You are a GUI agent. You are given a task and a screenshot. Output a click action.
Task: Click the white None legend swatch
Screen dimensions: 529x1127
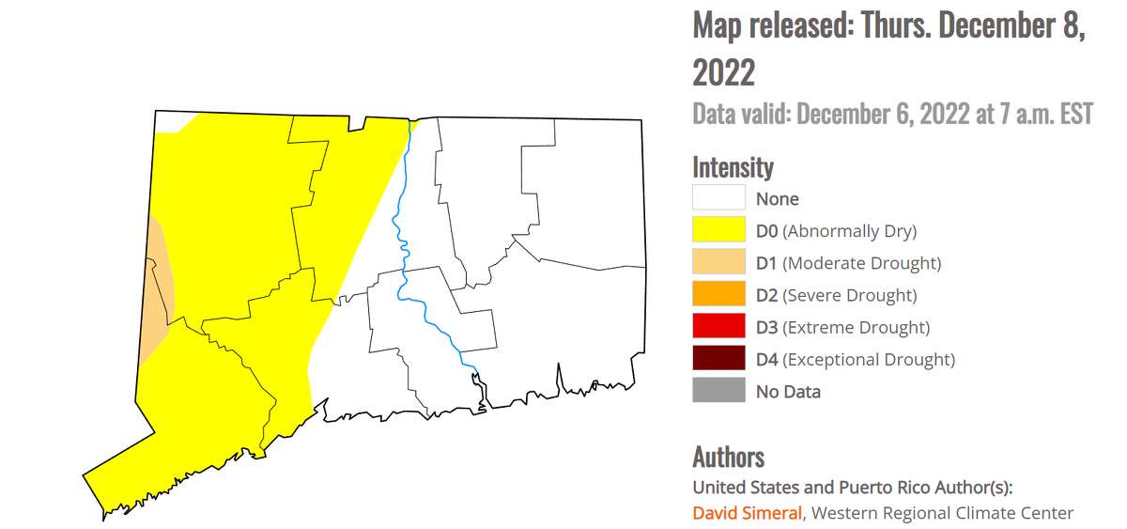pos(718,198)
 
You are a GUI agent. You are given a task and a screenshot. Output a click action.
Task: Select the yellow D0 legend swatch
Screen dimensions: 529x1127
pos(718,230)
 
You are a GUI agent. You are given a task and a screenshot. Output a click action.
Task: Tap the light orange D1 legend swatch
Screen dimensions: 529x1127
pos(718,263)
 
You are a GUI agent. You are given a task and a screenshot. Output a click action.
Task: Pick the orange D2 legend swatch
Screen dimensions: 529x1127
pos(718,295)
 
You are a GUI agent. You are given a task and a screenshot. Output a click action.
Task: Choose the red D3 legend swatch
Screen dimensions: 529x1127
pos(718,327)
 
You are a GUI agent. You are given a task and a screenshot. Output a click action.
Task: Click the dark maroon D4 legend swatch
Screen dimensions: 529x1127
pos(718,359)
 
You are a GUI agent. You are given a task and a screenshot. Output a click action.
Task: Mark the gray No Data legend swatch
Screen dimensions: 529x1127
pos(718,391)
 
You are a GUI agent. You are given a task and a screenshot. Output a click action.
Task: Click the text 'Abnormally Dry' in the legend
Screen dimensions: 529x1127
pos(849,231)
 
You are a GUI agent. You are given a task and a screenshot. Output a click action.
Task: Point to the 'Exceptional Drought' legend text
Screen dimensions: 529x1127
pos(868,359)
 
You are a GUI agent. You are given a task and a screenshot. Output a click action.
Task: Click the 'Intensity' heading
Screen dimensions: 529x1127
pos(733,167)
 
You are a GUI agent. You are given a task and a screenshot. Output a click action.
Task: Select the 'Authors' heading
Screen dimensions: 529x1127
pos(728,457)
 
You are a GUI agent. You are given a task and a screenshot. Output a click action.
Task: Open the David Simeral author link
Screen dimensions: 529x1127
pos(748,513)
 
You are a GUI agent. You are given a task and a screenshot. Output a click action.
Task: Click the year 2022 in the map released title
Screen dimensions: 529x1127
pos(723,71)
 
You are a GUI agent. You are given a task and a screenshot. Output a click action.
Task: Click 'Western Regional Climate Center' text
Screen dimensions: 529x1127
pos(942,513)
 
